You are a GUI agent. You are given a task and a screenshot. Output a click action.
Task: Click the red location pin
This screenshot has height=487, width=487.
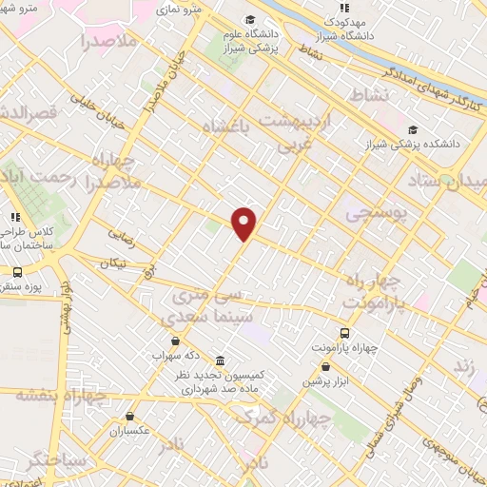(244, 223)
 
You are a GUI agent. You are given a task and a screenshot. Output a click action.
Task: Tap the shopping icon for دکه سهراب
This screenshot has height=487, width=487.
(174, 341)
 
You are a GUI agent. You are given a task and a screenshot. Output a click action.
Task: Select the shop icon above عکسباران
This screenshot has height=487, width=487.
(130, 416)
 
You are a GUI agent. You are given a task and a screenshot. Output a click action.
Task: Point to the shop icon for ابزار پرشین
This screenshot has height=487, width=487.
(326, 367)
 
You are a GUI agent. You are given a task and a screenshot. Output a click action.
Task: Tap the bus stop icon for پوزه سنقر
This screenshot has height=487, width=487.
(17, 272)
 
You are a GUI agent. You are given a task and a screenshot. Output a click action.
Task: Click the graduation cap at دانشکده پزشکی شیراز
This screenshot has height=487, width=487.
(412, 130)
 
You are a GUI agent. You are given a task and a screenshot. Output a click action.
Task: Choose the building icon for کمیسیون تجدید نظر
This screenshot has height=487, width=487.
(221, 361)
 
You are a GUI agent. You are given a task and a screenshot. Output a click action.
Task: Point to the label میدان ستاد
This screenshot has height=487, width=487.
(455, 180)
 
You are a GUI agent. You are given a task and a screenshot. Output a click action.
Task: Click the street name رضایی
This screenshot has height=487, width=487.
(121, 230)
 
